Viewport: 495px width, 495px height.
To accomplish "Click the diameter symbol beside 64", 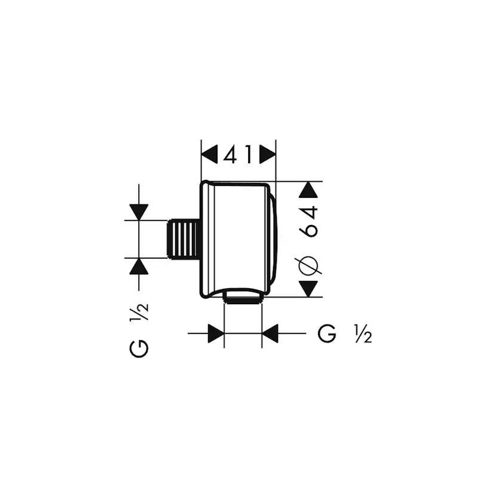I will tap(310, 264).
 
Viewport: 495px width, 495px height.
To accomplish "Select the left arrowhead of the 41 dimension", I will tap(209, 156).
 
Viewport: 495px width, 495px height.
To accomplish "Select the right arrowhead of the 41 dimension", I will tap(268, 156).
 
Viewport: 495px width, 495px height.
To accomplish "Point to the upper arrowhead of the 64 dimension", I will tap(308, 190).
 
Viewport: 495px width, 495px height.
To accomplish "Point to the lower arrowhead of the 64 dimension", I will tap(308, 289).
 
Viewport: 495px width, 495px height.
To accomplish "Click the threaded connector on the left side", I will tap(184, 239).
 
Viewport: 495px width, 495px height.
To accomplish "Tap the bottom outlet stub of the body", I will tap(243, 297).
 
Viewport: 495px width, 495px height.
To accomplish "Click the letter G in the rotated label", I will tap(139, 347).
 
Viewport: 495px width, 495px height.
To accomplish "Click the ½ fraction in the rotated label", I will tap(139, 312).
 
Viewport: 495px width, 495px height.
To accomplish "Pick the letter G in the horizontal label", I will tap(327, 334).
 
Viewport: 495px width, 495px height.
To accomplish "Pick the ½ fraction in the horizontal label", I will tap(362, 334).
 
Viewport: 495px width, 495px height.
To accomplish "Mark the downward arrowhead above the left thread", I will tap(139, 212).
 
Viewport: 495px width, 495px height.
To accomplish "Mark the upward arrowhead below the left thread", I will tap(139, 266).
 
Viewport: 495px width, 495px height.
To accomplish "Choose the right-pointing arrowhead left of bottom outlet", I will tap(216, 334).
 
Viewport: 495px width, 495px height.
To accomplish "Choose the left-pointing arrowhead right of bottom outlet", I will tap(270, 334).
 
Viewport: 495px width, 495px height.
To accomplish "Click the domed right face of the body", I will tap(272, 239).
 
